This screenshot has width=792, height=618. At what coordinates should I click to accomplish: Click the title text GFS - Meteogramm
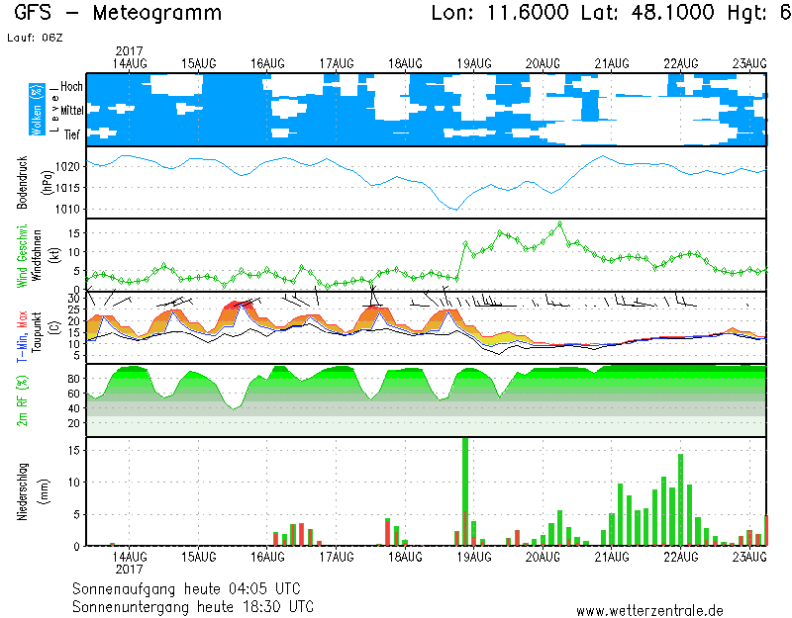pos(118,14)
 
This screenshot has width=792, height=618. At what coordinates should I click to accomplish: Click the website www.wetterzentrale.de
pos(649,610)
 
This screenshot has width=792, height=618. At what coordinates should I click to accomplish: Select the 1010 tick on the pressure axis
pos(67,210)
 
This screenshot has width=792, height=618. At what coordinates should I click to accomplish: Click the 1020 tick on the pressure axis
pos(67,166)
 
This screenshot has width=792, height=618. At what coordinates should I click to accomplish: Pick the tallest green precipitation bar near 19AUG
pos(465,489)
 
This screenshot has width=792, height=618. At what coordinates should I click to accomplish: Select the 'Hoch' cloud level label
pos(71,87)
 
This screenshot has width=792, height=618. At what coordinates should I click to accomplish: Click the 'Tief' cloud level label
pos(71,135)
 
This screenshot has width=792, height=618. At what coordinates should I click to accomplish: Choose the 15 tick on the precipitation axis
pos(73,450)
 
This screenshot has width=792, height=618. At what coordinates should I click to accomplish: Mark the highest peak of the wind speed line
pos(560,223)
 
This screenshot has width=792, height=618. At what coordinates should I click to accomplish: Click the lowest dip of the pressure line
pos(454,210)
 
